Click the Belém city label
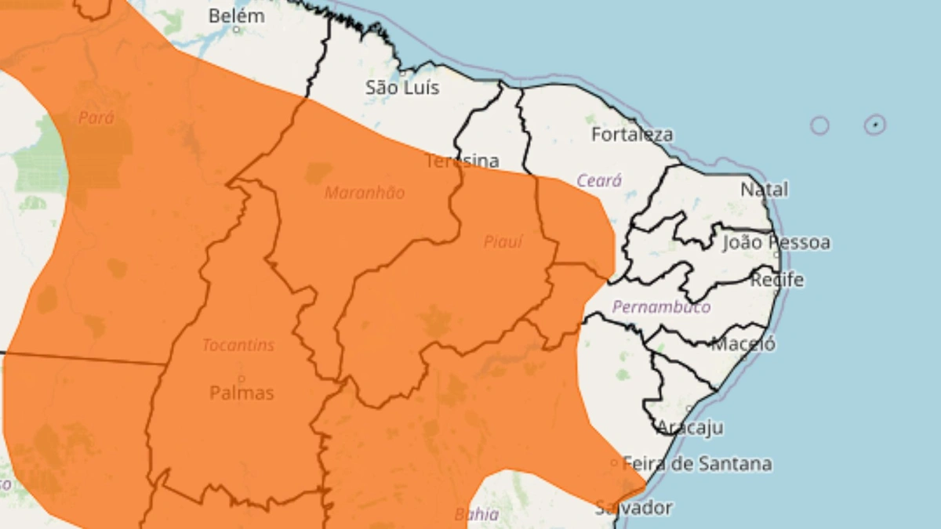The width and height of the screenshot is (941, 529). [236, 15]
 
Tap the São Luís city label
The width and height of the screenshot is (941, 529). [402, 88]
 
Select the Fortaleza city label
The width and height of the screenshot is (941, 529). [631, 135]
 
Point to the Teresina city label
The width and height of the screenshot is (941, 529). [462, 161]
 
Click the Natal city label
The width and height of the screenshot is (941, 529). [764, 189]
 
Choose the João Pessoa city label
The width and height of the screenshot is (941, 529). [776, 242]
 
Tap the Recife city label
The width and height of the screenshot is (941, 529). [777, 280]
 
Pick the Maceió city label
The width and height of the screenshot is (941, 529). [743, 343]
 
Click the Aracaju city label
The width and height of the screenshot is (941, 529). [689, 427]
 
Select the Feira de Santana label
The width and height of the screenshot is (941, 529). [696, 463]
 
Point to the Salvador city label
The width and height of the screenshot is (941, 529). [633, 507]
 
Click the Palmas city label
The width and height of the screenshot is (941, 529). [242, 393]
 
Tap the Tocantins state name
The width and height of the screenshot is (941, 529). [238, 345]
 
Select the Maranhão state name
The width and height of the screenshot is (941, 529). [365, 192]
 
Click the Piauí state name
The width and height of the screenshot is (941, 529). [503, 242]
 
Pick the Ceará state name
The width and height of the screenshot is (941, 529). [599, 180]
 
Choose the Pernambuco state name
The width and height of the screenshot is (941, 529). [661, 306]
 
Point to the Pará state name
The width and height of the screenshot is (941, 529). [96, 118]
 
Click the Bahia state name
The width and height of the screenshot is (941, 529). [476, 515]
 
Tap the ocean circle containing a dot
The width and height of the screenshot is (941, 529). [875, 125]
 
